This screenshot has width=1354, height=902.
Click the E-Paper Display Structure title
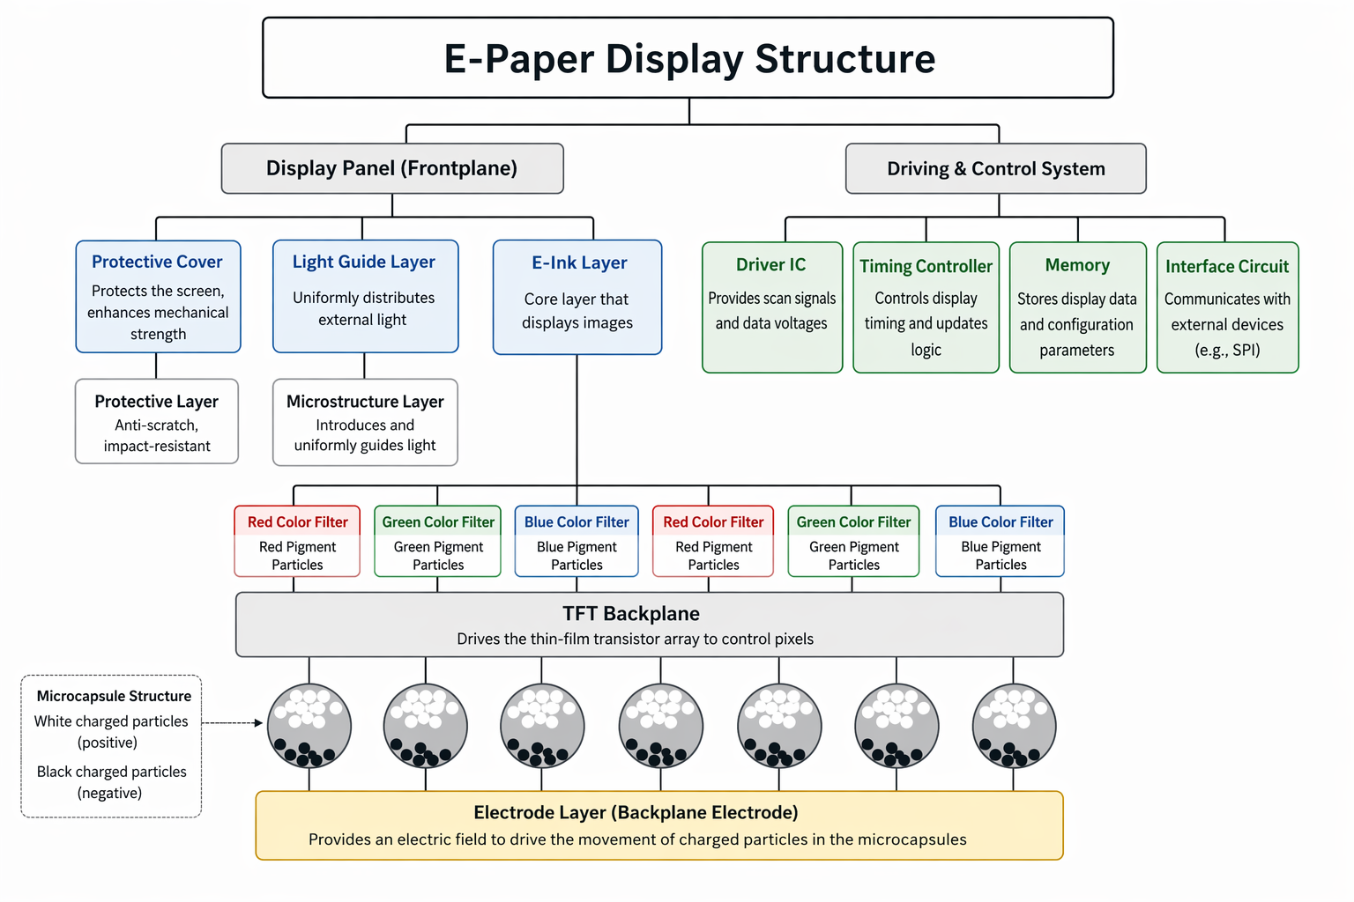point(688,59)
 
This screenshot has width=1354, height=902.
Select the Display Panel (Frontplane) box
point(391,168)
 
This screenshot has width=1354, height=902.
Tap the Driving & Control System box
point(995,168)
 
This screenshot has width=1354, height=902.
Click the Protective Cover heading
point(157,262)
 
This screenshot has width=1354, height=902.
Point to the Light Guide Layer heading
point(364,262)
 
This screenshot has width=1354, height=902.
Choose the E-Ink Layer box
point(577,298)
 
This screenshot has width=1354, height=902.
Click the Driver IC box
point(772,307)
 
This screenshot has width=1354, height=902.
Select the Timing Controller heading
point(926,266)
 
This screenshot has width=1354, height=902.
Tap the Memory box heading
point(1077,265)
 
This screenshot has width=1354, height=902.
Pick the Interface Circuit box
point(1227,307)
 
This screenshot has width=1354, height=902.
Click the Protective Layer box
point(157,421)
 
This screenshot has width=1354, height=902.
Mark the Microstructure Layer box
point(365,422)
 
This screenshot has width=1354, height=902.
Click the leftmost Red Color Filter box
point(297,541)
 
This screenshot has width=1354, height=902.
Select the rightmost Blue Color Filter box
point(1001,541)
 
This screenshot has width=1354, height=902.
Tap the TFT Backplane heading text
point(631,614)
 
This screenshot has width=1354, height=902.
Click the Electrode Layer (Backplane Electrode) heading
point(636,812)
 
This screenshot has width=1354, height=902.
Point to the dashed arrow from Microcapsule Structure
point(232,723)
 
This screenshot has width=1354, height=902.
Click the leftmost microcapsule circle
point(309,727)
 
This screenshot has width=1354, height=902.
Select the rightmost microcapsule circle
point(1014,727)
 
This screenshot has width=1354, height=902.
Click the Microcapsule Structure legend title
point(114,696)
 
